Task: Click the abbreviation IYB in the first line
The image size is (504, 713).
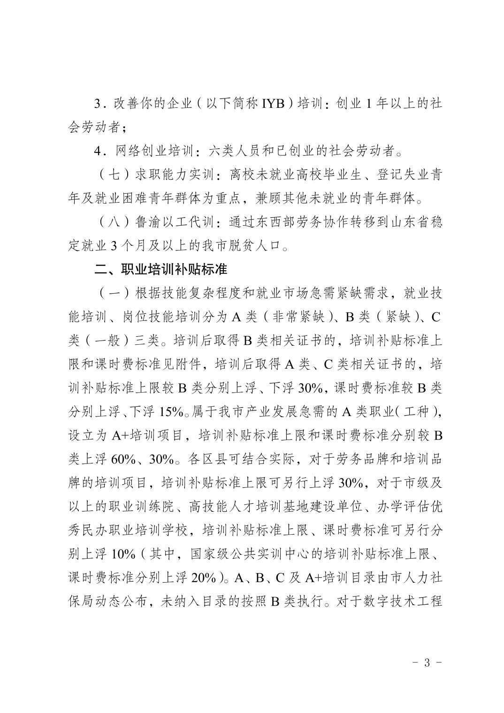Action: tap(271, 104)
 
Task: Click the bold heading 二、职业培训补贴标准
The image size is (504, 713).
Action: tap(161, 270)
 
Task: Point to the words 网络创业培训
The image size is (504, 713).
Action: tap(154, 151)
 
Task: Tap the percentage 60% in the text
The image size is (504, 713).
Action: tap(124, 459)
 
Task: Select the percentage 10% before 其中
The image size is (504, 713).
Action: tap(124, 554)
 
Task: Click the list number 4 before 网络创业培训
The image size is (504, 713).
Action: tap(98, 151)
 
